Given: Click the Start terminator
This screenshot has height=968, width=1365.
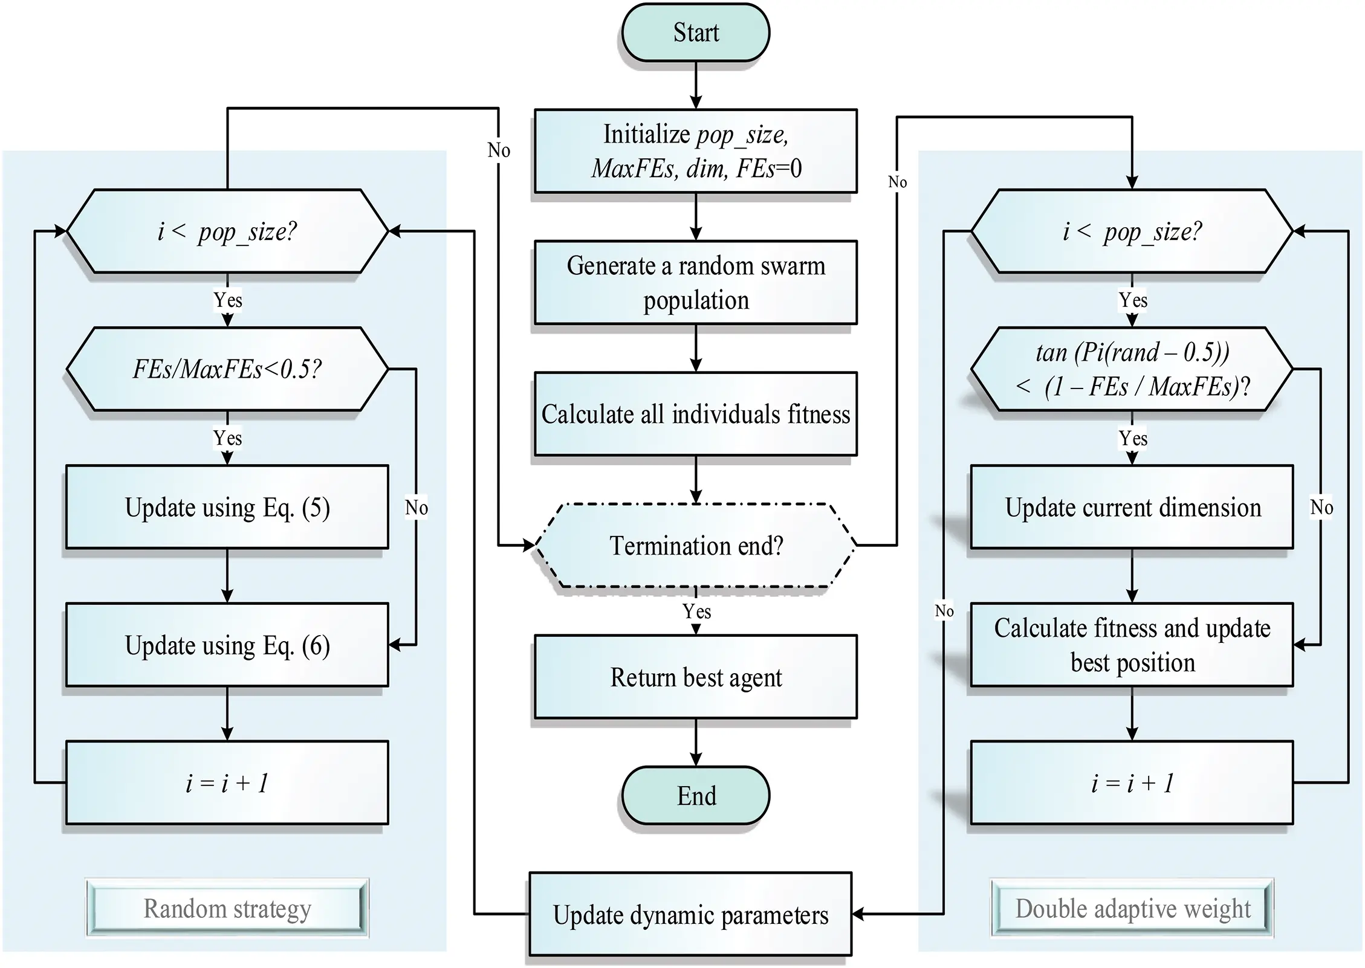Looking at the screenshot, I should click(695, 33).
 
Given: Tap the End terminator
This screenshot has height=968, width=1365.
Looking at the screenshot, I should click(695, 795).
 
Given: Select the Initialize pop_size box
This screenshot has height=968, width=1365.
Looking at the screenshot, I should click(695, 151).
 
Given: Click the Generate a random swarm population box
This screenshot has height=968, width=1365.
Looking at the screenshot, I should click(695, 283).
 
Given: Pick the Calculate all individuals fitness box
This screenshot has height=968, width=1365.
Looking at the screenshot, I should click(695, 414).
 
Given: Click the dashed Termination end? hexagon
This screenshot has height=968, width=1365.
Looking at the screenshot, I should click(695, 546).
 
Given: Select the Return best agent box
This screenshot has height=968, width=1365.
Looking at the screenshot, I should click(695, 677).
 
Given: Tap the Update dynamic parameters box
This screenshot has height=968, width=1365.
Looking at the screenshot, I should click(690, 914).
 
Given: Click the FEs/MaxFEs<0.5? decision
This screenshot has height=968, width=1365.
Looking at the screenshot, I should click(227, 369).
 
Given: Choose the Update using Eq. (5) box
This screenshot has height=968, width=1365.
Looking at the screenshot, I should click(227, 507).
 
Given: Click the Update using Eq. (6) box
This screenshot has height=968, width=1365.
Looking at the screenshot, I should click(227, 645).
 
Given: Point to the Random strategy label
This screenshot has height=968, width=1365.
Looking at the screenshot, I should click(227, 908).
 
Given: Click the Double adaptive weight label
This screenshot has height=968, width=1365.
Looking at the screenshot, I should click(1132, 908).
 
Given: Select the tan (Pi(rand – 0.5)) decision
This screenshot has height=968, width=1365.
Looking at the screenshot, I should click(1132, 369).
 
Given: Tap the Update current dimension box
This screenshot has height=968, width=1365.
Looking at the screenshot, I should click(1132, 507).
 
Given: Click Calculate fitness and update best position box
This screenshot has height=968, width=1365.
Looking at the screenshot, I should click(1132, 645).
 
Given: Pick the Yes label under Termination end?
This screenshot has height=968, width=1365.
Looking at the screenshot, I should click(696, 611).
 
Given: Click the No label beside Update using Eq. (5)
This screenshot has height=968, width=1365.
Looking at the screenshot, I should click(417, 508).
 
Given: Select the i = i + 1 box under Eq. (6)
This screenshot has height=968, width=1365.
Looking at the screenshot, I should click(227, 782).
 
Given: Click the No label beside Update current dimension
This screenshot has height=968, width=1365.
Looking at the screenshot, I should click(1321, 508).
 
